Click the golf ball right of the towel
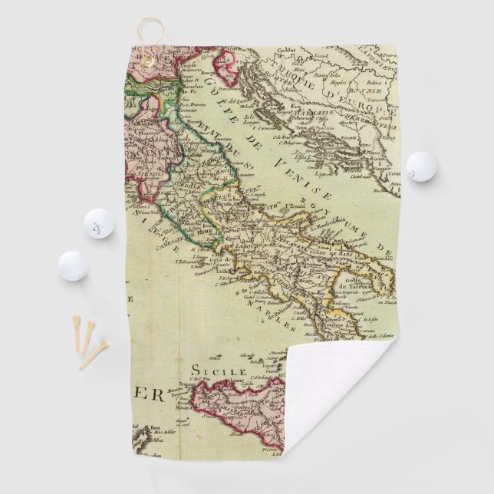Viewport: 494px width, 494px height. [420, 166]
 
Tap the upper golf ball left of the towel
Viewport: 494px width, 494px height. [99, 222]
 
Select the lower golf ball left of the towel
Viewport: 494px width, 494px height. [73, 265]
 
